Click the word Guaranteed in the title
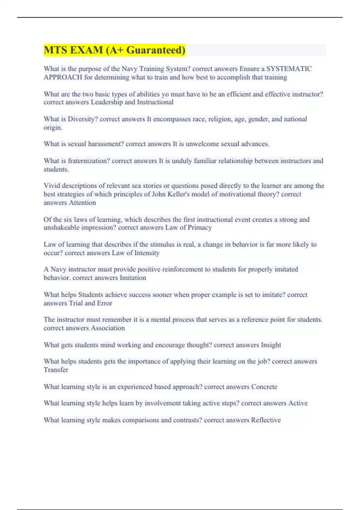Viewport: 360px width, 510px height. click(156, 50)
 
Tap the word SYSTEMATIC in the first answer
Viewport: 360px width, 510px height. click(289, 69)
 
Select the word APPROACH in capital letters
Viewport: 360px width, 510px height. click(63, 77)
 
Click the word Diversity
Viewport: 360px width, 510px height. click(82, 119)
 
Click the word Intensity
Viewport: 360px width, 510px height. click(147, 253)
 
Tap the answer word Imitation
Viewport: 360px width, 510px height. click(133, 278)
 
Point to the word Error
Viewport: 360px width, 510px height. click(104, 303)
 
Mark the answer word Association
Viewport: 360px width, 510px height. click(108, 328)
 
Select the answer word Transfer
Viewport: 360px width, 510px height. click(56, 370)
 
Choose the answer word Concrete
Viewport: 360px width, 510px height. click(264, 387)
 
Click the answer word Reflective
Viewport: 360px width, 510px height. click(266, 420)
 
